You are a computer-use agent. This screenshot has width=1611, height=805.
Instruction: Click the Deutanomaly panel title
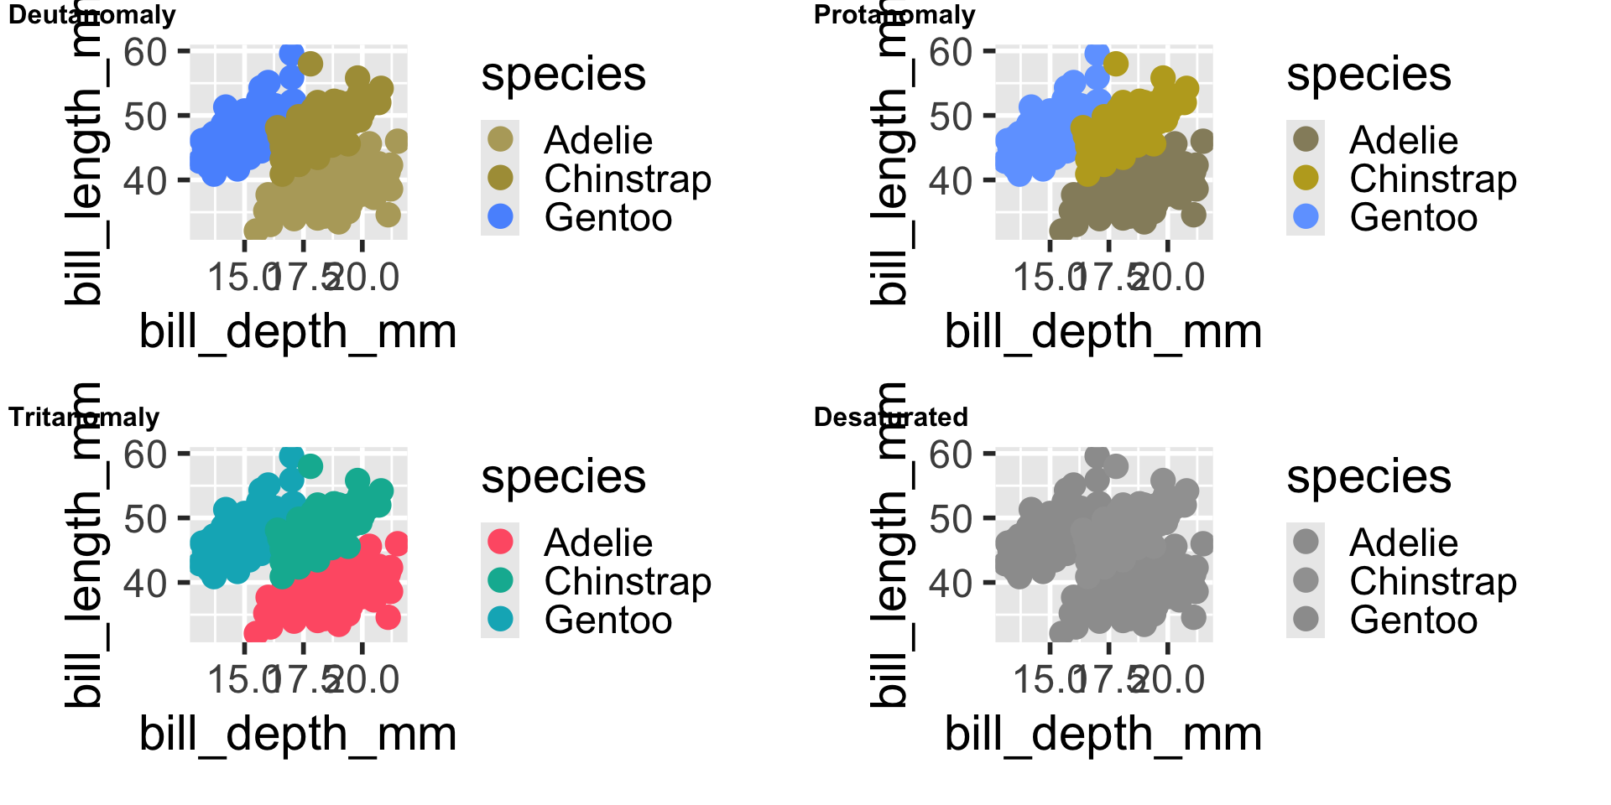pyautogui.click(x=91, y=15)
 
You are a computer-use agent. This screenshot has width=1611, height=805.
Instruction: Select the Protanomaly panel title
pyautogui.click(x=894, y=15)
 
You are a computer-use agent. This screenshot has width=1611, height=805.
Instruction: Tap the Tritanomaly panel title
pyautogui.click(x=84, y=417)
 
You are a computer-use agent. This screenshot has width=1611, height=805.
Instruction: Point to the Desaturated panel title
pyautogui.click(x=890, y=417)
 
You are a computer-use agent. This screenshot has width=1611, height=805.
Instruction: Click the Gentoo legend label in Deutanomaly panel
pyautogui.click(x=608, y=218)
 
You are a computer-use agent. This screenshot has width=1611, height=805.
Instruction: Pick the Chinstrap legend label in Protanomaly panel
pyautogui.click(x=1433, y=179)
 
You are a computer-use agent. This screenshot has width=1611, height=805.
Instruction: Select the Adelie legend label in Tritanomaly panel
pyautogui.click(x=598, y=543)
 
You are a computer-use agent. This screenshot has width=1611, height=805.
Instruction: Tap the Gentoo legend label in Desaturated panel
pyautogui.click(x=1414, y=621)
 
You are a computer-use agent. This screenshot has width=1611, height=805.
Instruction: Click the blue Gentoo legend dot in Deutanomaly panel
pyautogui.click(x=500, y=216)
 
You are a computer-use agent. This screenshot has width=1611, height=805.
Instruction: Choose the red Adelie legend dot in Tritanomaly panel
pyautogui.click(x=500, y=541)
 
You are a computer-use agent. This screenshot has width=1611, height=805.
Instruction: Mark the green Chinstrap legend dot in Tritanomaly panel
pyautogui.click(x=500, y=579)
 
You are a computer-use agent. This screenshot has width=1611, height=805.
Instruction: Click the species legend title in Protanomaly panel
pyautogui.click(x=1369, y=75)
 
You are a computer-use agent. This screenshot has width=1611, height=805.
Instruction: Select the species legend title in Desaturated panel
pyautogui.click(x=1369, y=477)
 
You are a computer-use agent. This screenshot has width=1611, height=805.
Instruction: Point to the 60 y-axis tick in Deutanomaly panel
pyautogui.click(x=145, y=52)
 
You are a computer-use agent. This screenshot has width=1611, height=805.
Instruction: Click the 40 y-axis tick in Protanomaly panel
pyautogui.click(x=951, y=180)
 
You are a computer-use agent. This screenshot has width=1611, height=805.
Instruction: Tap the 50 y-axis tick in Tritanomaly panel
pyautogui.click(x=145, y=519)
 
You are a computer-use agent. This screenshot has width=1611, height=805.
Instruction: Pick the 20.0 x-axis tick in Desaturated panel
pyautogui.click(x=1170, y=679)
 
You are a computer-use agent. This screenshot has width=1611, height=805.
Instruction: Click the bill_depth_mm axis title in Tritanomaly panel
pyautogui.click(x=298, y=734)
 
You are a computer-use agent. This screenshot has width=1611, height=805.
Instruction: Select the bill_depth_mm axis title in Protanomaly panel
pyautogui.click(x=1103, y=331)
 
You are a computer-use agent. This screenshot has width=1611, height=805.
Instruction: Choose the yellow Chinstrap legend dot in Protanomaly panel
pyautogui.click(x=1306, y=178)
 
